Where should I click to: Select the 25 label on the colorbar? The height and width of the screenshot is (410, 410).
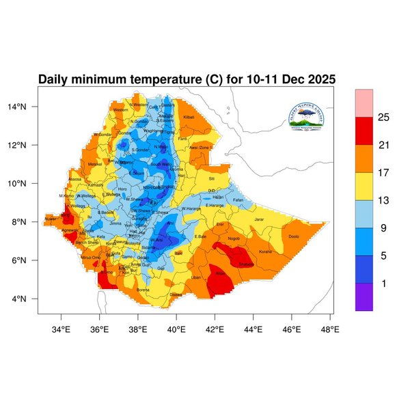pyautogui.click(x=384, y=118)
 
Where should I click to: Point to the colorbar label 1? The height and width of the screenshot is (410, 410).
pyautogui.click(x=384, y=284)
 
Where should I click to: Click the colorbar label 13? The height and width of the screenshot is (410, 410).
pyautogui.click(x=384, y=200)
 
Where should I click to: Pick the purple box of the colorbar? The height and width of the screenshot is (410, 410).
pyautogui.click(x=364, y=297)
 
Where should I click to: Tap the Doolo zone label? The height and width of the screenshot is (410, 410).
pyautogui.click(x=294, y=236)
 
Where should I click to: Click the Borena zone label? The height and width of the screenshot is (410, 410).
pyautogui.click(x=143, y=290)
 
